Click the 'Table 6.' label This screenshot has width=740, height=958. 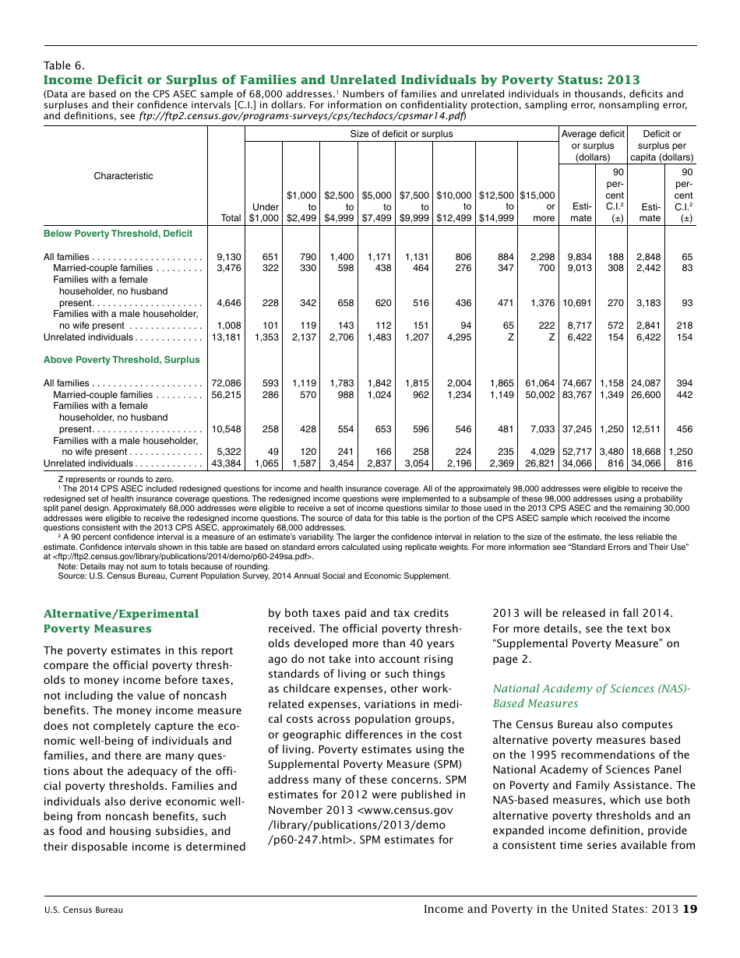pos(64,65)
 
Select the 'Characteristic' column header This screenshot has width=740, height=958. pos(124,176)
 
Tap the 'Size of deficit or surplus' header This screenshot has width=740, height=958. pos(401,134)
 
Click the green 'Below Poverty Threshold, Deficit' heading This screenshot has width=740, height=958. pos(118,234)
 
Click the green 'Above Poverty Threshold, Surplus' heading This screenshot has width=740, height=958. pos(122,360)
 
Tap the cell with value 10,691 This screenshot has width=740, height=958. pos(577,303)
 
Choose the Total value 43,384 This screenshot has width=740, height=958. pos(227,463)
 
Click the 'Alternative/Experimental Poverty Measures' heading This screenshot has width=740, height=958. pos(121,621)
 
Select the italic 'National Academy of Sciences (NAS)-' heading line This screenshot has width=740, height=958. pos(591,689)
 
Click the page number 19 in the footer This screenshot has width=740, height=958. pos(689,909)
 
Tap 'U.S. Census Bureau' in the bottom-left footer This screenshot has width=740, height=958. pos(83,910)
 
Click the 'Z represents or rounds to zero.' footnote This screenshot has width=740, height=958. pos(115,479)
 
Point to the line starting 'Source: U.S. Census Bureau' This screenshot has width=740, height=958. pos(254,576)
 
